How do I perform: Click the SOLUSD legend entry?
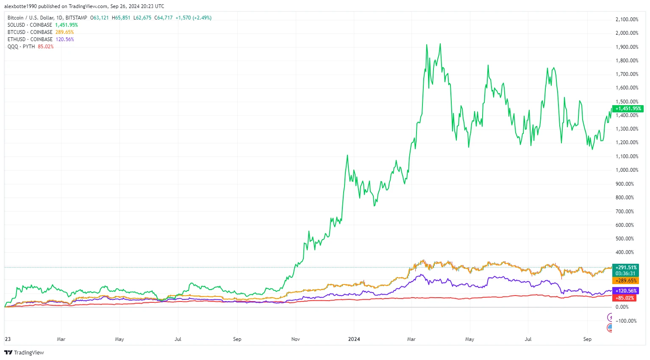30,25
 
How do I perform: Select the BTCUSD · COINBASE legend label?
30,32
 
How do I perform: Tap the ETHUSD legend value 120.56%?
65,39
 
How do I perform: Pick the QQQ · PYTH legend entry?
21,47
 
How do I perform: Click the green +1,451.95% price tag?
628,109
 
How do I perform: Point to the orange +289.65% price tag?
626,281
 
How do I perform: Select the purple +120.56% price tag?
626,291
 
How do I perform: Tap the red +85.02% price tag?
625,298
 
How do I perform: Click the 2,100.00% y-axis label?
627,20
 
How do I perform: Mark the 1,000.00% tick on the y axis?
627,170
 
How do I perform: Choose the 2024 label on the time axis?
354,339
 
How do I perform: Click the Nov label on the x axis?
295,339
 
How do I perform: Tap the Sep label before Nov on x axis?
237,339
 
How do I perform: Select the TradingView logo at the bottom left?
24,353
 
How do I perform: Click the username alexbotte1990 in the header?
20,6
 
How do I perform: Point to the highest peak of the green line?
440,44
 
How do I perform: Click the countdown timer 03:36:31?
626,273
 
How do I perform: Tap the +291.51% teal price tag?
626,268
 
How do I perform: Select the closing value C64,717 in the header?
164,18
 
